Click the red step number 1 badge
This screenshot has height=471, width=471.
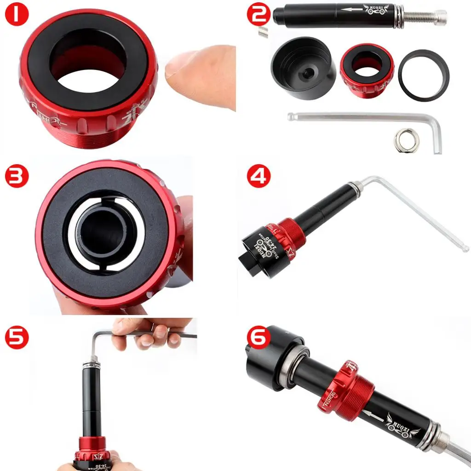[17, 15]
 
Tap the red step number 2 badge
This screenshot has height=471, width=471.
[258, 15]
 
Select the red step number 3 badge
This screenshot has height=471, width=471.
[17, 177]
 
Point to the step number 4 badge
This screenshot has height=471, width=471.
[258, 177]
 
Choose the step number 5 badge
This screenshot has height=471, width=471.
[17, 338]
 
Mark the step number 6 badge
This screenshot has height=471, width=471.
[258, 338]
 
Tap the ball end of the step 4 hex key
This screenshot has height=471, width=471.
[465, 249]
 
